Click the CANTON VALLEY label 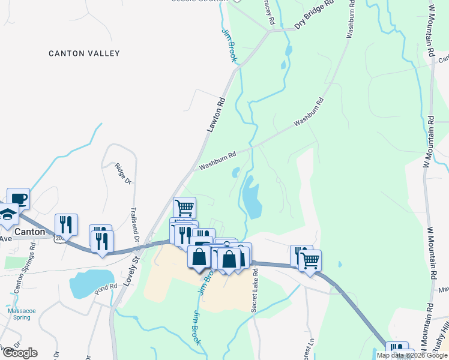click(x=85, y=53)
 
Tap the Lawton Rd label click(x=214, y=115)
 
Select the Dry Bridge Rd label click(x=313, y=16)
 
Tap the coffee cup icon click(x=18, y=198)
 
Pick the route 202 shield click(x=59, y=239)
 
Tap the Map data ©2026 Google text click(x=411, y=355)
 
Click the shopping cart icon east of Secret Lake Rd click(x=310, y=260)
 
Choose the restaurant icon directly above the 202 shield click(x=66, y=224)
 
